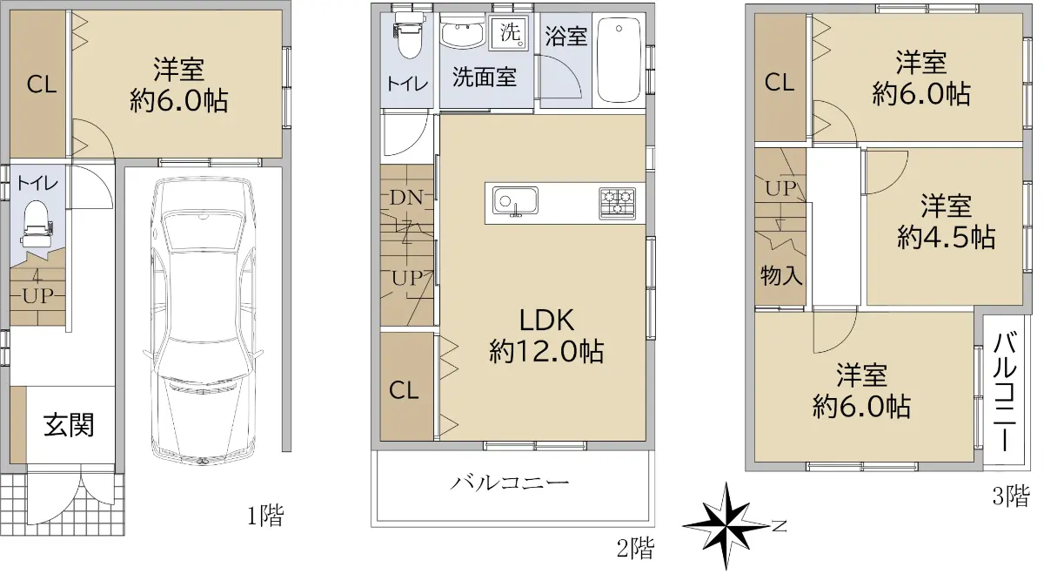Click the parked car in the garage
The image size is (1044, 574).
pyautogui.click(x=204, y=321)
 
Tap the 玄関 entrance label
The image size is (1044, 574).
pyautogui.click(x=69, y=425)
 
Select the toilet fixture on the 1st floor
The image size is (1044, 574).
pyautogui.click(x=36, y=225)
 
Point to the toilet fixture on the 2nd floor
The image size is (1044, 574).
pyautogui.click(x=409, y=35)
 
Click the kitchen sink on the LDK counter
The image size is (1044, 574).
pyautogui.click(x=515, y=201)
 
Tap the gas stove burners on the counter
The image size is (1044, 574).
pyautogui.click(x=618, y=203)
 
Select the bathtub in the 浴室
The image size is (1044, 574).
pyautogui.click(x=619, y=60)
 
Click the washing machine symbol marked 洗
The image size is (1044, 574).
pyautogui.click(x=509, y=32)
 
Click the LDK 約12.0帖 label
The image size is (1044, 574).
pyautogui.click(x=546, y=335)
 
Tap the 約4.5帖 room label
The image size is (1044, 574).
pyautogui.click(x=947, y=237)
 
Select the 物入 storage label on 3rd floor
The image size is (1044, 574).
pyautogui.click(x=781, y=275)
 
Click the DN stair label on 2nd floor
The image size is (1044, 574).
pyautogui.click(x=406, y=198)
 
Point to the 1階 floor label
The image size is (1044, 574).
pyautogui.click(x=265, y=517)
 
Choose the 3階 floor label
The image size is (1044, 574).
pyautogui.click(x=1011, y=496)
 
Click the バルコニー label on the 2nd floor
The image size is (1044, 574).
pyautogui.click(x=510, y=483)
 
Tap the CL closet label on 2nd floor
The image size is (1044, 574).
pyautogui.click(x=404, y=390)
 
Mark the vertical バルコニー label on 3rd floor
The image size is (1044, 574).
pyautogui.click(x=1006, y=392)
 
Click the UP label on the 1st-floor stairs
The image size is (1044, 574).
pyautogui.click(x=37, y=295)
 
